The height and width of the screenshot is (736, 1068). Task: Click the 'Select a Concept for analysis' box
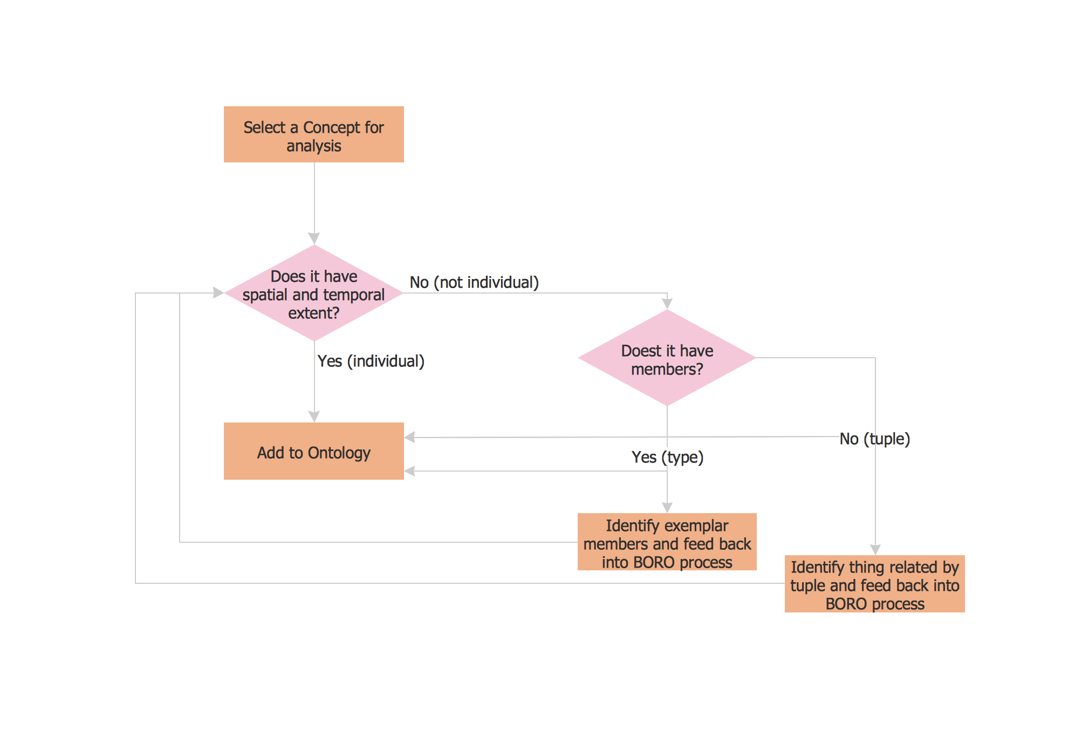pyautogui.click(x=313, y=134)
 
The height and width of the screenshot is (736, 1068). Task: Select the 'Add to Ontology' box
pyautogui.click(x=313, y=451)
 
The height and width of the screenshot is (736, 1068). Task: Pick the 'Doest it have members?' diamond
pyautogui.click(x=667, y=358)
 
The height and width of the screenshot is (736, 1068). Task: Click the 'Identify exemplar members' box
pyautogui.click(x=667, y=542)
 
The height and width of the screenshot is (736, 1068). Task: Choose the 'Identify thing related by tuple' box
pyautogui.click(x=874, y=584)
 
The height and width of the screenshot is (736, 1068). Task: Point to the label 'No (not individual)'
pyautogui.click(x=474, y=282)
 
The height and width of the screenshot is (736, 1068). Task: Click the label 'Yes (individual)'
pyautogui.click(x=371, y=361)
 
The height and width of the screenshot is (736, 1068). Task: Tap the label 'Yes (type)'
pyautogui.click(x=667, y=457)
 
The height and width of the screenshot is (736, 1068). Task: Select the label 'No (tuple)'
pyautogui.click(x=874, y=439)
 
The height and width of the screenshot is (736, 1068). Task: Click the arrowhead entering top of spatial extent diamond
pyautogui.click(x=314, y=238)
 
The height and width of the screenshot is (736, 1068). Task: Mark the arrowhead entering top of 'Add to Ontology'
pyautogui.click(x=314, y=416)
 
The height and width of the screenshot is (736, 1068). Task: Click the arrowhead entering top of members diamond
pyautogui.click(x=667, y=304)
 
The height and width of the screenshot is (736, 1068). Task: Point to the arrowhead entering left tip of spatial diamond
pyautogui.click(x=218, y=293)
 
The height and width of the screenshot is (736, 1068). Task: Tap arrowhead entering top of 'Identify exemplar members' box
pyautogui.click(x=667, y=507)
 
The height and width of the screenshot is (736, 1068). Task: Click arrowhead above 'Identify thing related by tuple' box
pyautogui.click(x=875, y=549)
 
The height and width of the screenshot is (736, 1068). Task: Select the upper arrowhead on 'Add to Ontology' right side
pyautogui.click(x=410, y=438)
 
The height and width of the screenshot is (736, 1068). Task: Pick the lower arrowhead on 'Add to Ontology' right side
pyautogui.click(x=410, y=471)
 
